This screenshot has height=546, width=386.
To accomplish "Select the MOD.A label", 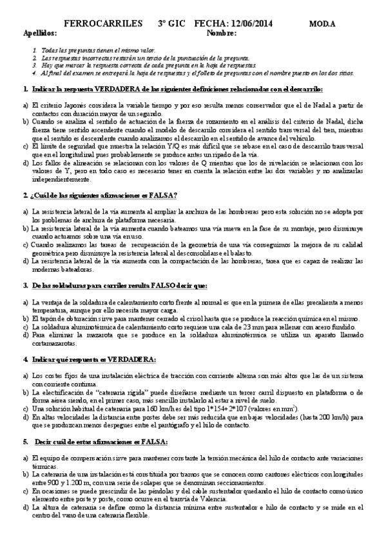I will coord(322,24).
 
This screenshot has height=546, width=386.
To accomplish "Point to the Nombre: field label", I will coord(223,32).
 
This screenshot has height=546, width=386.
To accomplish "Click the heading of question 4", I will coord(90,359).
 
